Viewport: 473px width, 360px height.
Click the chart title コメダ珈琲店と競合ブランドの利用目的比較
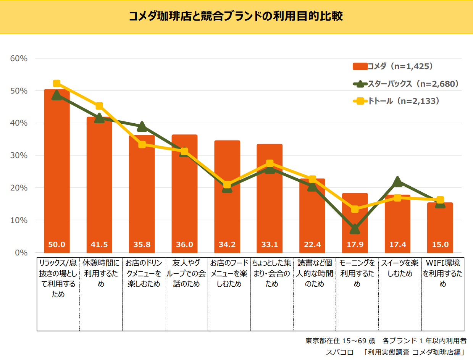click(x=236, y=16)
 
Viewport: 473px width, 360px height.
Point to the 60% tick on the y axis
click(x=19, y=58)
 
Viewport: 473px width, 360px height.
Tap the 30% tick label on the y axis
click(x=19, y=155)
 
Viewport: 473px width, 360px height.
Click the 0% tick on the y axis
click(x=21, y=253)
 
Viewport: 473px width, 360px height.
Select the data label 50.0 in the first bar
click(x=57, y=245)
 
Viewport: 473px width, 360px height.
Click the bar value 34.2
click(x=227, y=245)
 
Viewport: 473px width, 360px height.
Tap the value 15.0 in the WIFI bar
click(x=440, y=245)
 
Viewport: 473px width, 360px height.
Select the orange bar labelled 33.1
click(x=270, y=202)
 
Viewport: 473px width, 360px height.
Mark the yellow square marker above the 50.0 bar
click(x=57, y=84)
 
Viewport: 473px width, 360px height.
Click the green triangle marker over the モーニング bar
click(x=355, y=229)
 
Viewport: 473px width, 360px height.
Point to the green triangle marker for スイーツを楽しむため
click(x=397, y=181)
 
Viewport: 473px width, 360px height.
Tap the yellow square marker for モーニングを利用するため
click(x=355, y=209)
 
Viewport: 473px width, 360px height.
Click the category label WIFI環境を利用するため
click(x=442, y=273)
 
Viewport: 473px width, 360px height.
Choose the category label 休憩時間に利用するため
click(x=101, y=273)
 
